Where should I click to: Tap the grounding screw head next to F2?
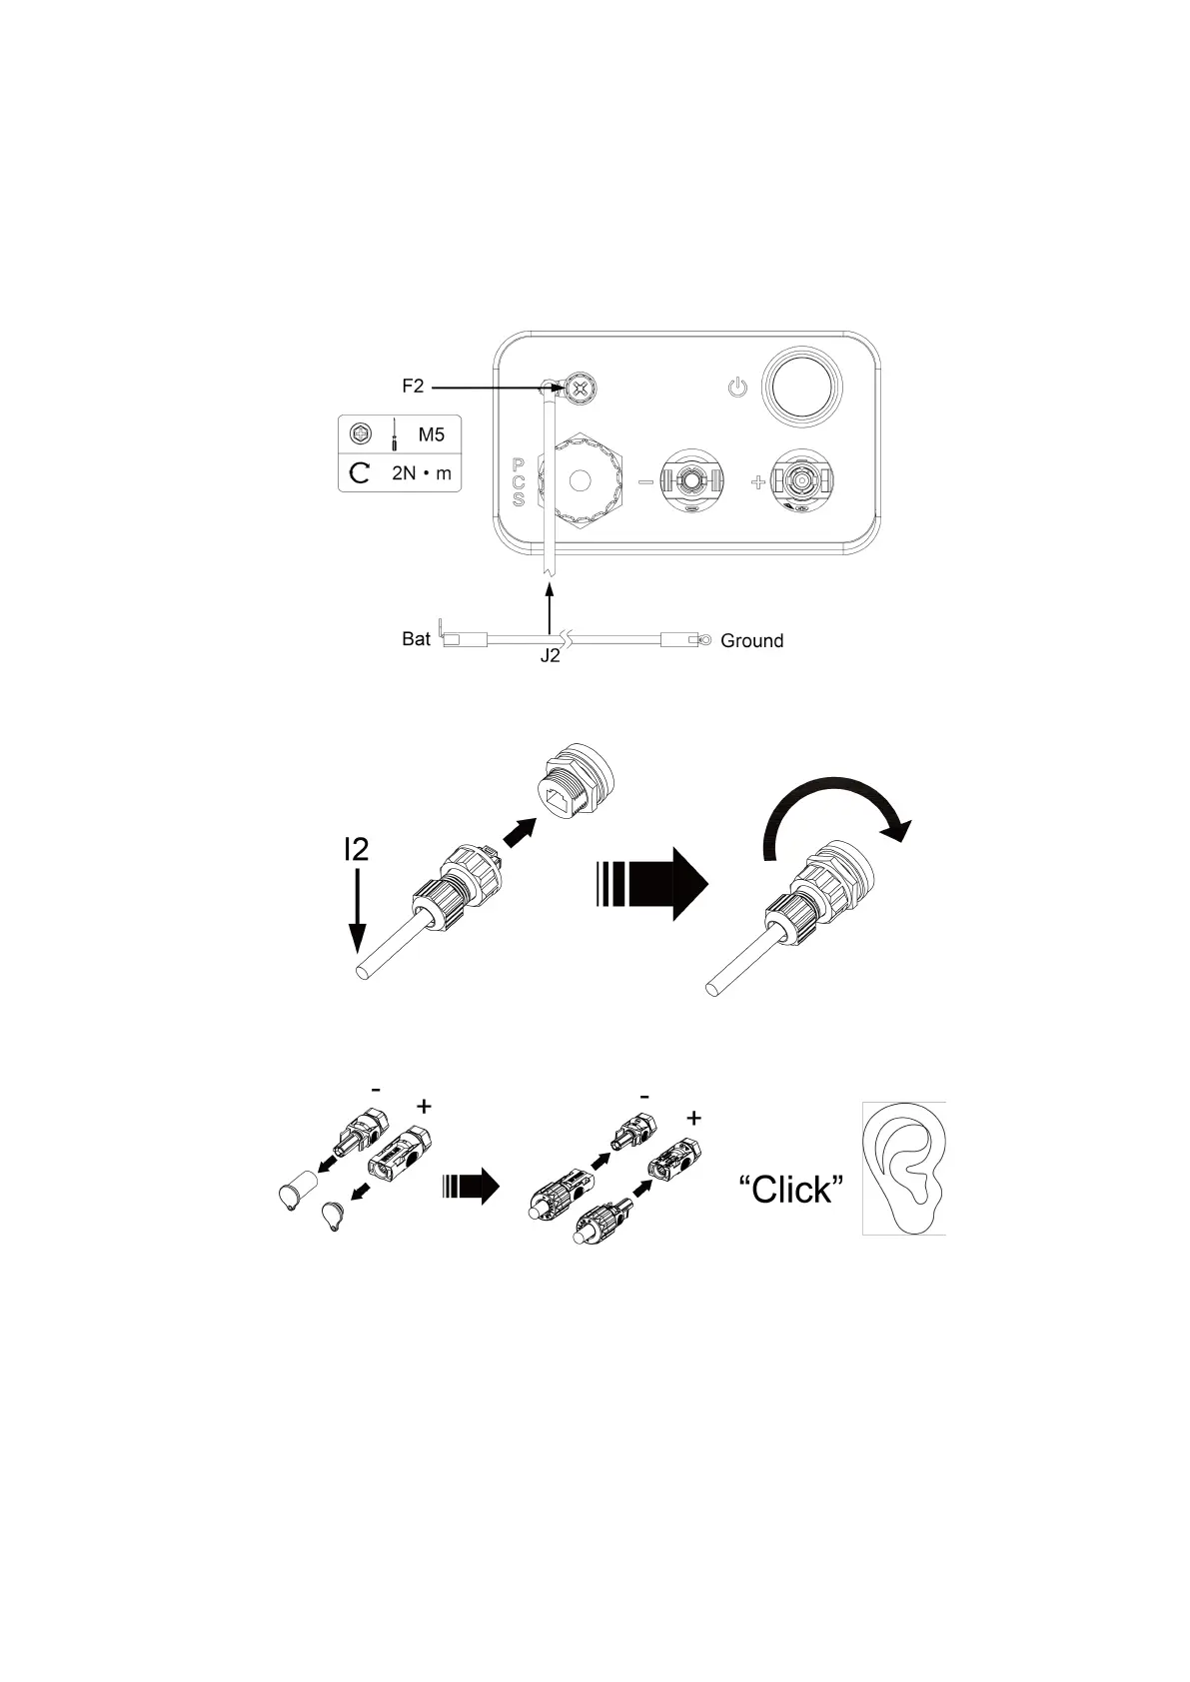coord(579,389)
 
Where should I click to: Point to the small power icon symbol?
coord(737,387)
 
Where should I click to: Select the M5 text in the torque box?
coord(432,435)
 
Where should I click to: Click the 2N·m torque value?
coord(421,472)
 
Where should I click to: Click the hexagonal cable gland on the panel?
coord(580,480)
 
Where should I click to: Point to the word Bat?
coord(416,639)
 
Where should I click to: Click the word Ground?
coord(751,641)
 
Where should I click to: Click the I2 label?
coord(356,849)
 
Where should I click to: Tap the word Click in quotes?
coord(791,1189)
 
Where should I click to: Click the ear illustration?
coord(903,1168)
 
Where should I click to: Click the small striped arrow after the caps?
coord(470,1186)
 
